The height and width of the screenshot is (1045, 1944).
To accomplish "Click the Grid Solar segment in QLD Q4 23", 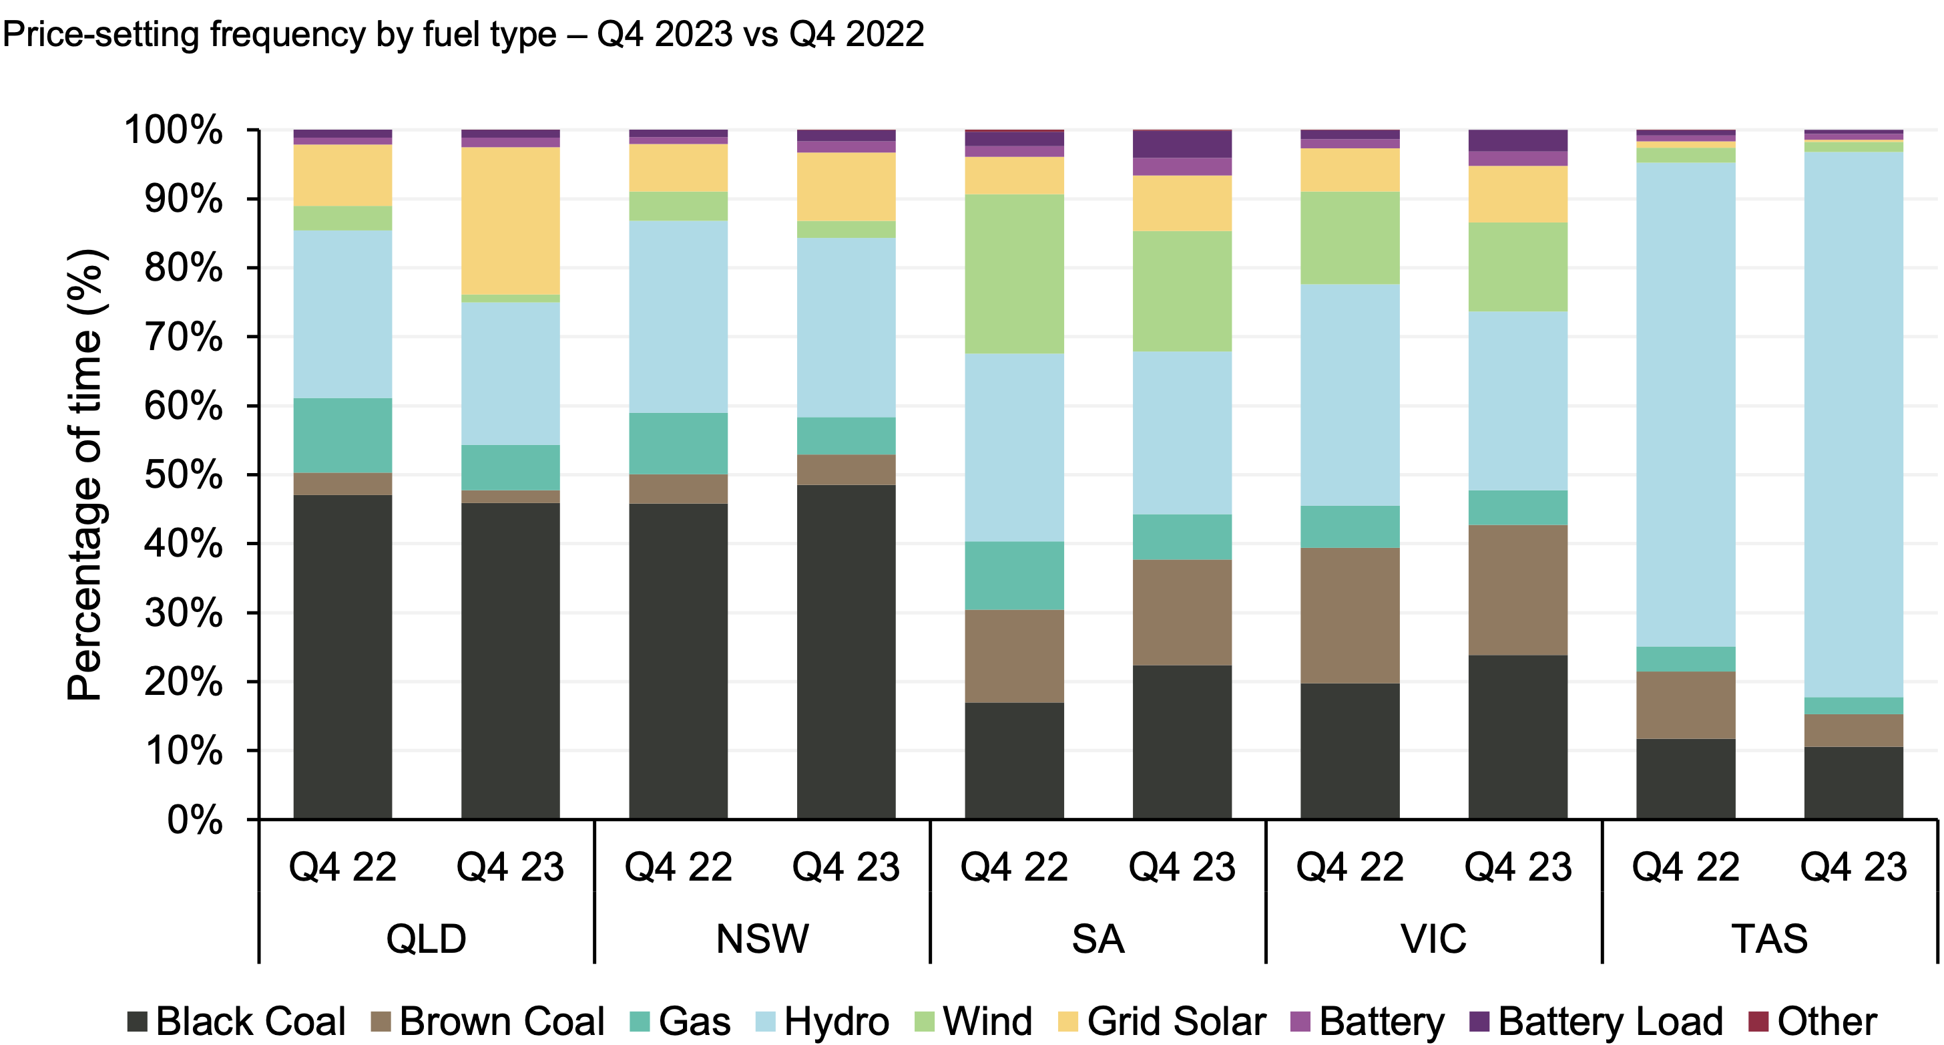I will (x=510, y=220).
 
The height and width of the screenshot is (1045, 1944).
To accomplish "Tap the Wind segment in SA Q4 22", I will (x=1014, y=273).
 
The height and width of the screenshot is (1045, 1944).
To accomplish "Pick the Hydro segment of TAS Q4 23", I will (x=1853, y=424).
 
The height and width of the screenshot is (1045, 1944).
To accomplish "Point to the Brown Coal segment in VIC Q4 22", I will (x=1349, y=615).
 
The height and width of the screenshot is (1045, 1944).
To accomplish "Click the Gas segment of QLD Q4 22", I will (x=342, y=435).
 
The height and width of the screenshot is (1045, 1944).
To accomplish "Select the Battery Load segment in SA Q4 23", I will (x=1182, y=144).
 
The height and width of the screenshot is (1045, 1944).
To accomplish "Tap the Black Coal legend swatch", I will (x=138, y=1022).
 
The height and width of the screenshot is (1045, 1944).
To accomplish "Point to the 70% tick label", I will (x=184, y=337).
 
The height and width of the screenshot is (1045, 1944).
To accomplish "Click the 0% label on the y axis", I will (x=195, y=819).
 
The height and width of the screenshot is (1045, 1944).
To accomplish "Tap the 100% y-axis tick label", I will (x=174, y=130).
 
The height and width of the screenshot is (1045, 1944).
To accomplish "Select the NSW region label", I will (x=762, y=939).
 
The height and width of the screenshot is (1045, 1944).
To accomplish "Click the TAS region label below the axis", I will (x=1769, y=939).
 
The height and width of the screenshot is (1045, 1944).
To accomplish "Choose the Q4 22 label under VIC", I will (x=1349, y=867).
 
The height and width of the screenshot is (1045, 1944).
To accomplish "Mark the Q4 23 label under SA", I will (x=1182, y=867).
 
